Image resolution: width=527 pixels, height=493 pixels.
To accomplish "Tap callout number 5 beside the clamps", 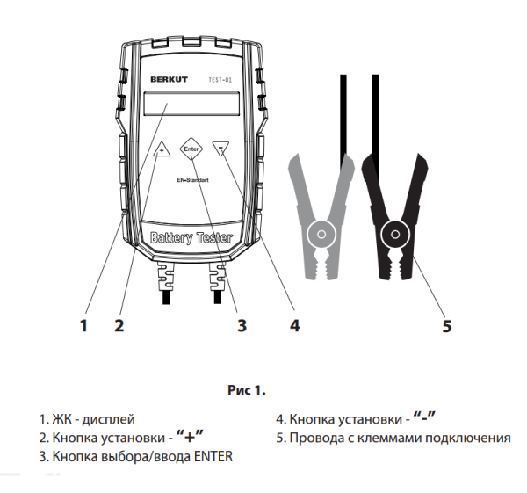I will [446, 326].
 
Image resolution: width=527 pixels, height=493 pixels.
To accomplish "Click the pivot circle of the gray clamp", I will [321, 235].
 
